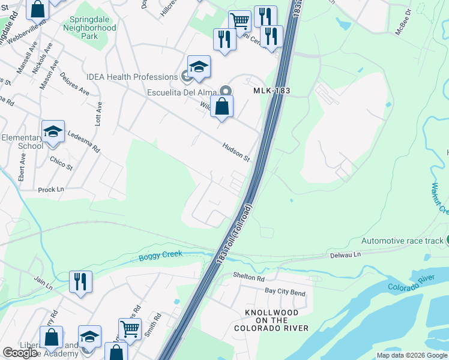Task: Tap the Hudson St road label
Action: click(236, 152)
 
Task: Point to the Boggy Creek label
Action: click(160, 258)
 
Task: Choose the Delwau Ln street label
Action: click(345, 255)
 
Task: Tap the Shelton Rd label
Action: click(248, 278)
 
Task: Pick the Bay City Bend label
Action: click(285, 292)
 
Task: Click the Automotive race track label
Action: click(402, 241)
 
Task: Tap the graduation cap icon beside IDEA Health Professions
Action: click(199, 67)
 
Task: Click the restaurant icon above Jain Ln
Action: click(80, 281)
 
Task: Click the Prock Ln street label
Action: click(51, 190)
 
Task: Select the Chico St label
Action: click(61, 163)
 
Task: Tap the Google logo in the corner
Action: click(19, 353)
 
